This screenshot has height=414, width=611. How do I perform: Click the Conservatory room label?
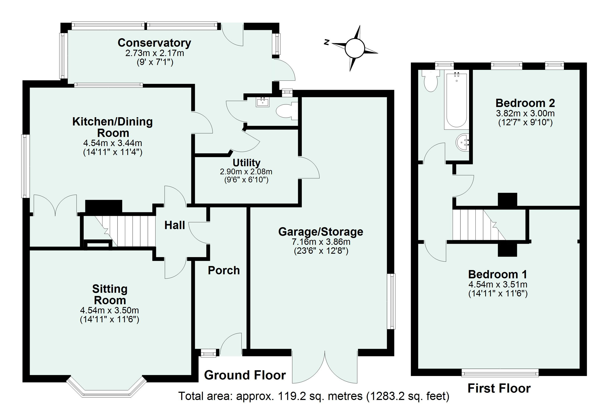coord(154,43)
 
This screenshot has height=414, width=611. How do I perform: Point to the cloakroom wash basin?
coord(263,102)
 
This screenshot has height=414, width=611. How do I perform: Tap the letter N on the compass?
coord(327,42)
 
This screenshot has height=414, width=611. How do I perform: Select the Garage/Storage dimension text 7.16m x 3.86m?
coord(321,242)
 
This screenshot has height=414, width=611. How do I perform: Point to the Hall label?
coord(175,225)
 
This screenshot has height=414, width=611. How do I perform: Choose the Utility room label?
coord(246,163)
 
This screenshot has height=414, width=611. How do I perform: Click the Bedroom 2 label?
coord(525,103)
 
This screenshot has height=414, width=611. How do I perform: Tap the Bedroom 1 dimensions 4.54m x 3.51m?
coord(498,284)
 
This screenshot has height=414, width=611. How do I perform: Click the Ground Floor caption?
coord(245,375)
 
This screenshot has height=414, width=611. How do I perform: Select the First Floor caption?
coord(499,389)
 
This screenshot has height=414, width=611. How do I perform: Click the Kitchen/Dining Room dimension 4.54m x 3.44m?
coord(112,143)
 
